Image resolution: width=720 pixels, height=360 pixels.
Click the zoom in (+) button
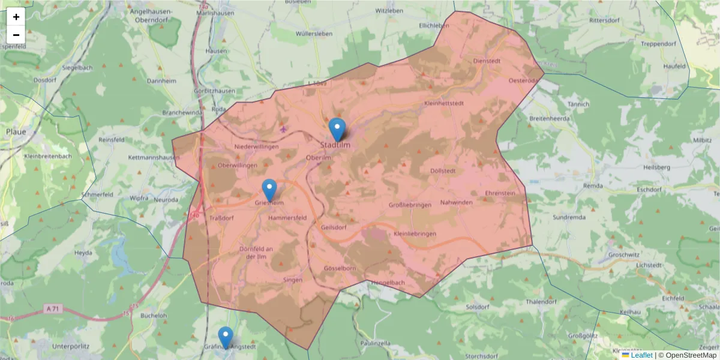pyautogui.click(x=16, y=17)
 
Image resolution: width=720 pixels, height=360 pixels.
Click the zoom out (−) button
pyautogui.click(x=16, y=35)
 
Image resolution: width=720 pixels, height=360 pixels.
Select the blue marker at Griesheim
pyautogui.click(x=269, y=190)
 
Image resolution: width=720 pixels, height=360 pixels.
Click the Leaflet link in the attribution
pyautogui.click(x=641, y=355)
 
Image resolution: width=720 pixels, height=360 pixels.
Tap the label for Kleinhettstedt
pyautogui.click(x=443, y=103)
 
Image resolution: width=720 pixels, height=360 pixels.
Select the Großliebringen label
pyautogui.click(x=410, y=205)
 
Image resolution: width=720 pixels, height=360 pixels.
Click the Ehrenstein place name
pyautogui.click(x=500, y=193)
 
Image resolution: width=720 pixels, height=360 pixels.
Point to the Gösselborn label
pyautogui.click(x=340, y=268)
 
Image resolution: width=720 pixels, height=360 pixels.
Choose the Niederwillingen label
pyautogui.click(x=257, y=146)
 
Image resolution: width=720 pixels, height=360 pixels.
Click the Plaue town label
pyautogui.click(x=16, y=131)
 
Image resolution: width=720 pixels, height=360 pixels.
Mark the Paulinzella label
pyautogui.click(x=376, y=343)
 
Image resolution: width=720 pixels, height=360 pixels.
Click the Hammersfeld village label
pyautogui.click(x=288, y=217)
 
